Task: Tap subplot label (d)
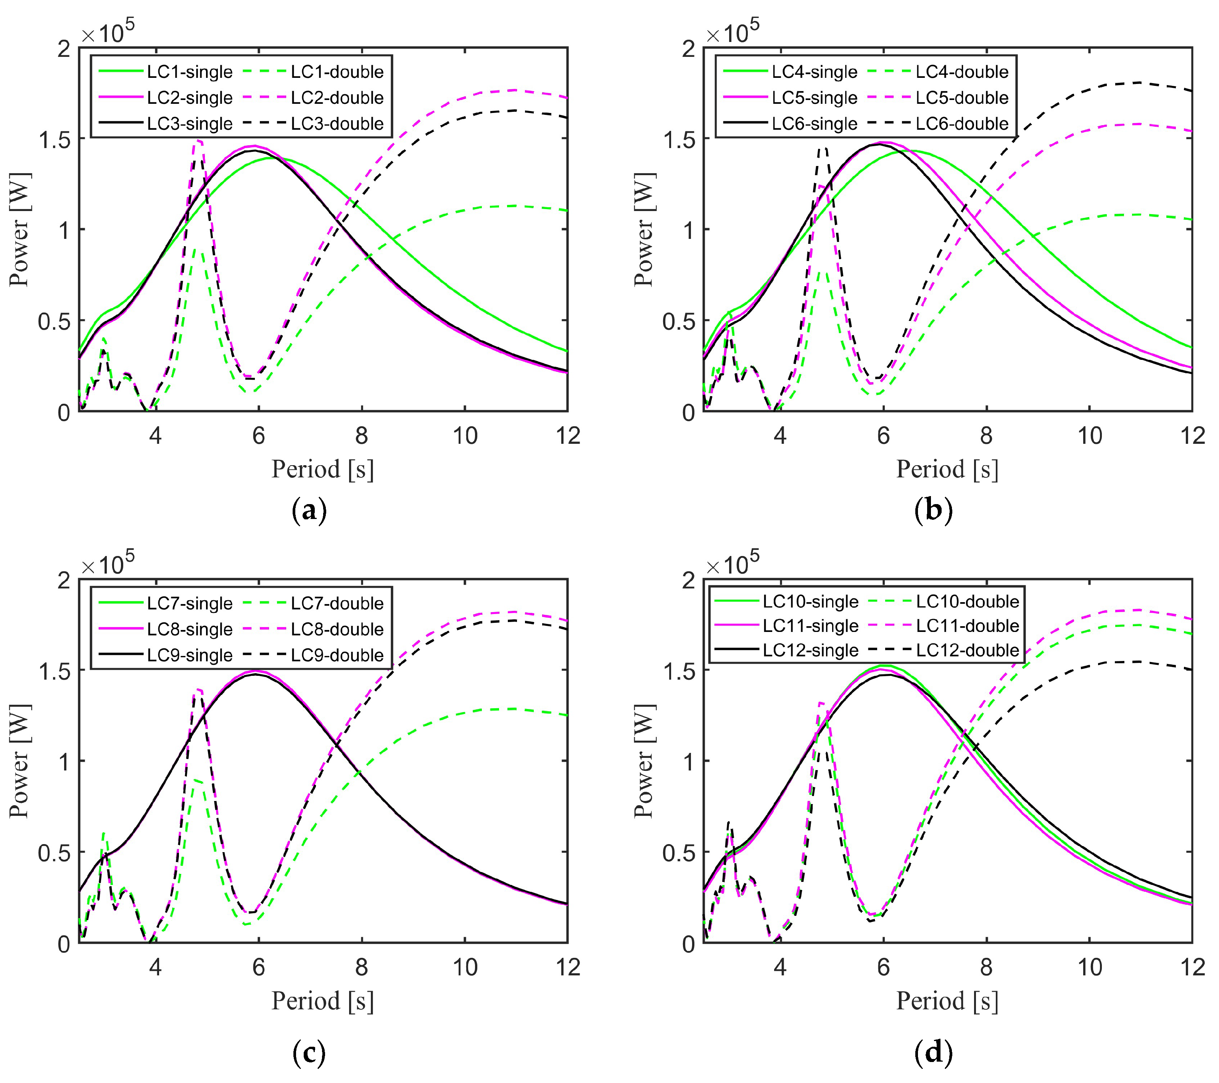click(x=933, y=1053)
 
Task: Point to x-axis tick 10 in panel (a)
click(x=465, y=436)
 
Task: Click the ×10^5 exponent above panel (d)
click(x=733, y=564)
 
